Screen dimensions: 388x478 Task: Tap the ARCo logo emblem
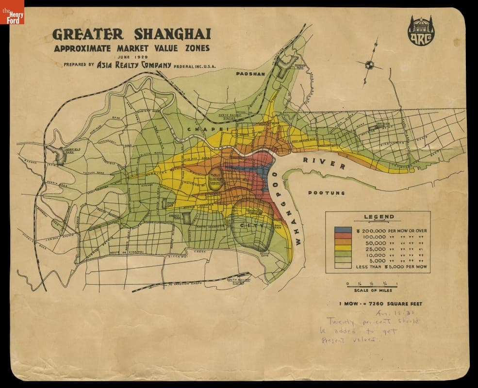(421, 31)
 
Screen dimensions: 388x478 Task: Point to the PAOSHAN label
(250, 74)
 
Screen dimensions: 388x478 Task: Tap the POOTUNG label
(326, 193)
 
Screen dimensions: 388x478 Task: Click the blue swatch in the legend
(343, 230)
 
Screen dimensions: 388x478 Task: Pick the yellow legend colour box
(343, 248)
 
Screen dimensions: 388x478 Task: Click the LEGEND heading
(379, 217)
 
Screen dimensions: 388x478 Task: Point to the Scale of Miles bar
(372, 286)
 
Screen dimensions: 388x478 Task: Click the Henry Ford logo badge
(12, 12)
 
